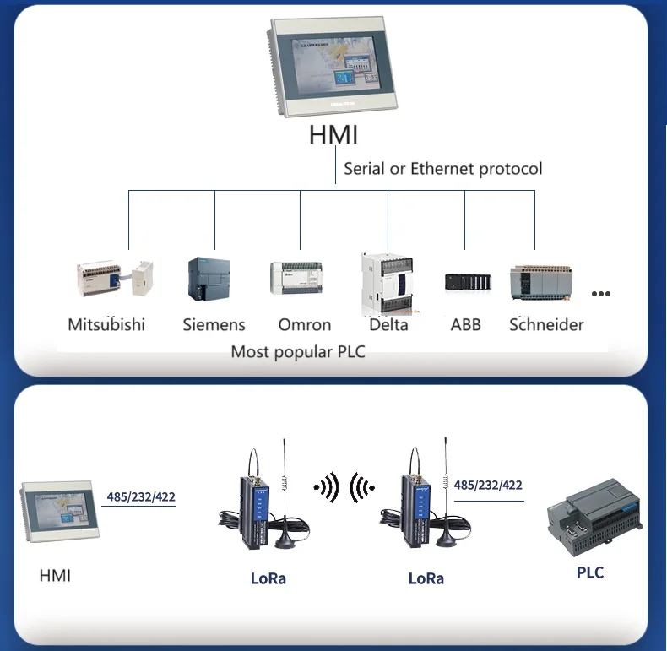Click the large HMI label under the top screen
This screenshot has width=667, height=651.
(333, 134)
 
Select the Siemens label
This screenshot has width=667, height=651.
(214, 325)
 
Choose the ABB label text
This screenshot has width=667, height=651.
(465, 325)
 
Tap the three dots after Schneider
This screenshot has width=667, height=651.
(600, 294)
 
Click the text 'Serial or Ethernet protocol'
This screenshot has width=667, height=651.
(442, 169)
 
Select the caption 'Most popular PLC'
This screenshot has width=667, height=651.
(298, 351)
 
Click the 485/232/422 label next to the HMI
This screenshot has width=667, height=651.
(141, 497)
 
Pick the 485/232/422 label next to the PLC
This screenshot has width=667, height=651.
(488, 485)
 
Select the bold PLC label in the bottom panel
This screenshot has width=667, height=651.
(590, 572)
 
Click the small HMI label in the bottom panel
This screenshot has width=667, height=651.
(56, 576)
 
